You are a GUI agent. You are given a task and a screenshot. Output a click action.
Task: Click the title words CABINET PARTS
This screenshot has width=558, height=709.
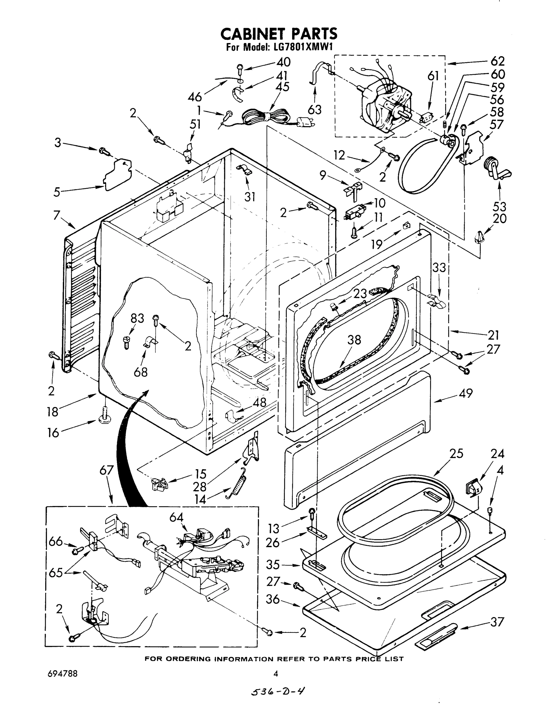(279, 34)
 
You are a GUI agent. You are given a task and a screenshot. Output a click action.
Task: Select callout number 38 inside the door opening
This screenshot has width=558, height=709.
(354, 340)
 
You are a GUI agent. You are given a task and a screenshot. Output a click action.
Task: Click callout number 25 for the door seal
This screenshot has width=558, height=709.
(456, 453)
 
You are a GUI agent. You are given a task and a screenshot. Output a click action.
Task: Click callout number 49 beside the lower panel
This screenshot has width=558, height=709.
(466, 393)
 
